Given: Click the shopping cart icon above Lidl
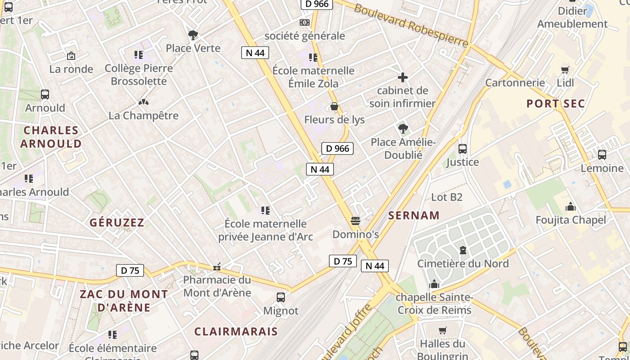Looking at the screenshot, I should [565, 70].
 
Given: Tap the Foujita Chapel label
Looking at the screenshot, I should [571, 220].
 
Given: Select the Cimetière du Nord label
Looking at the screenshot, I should [463, 264].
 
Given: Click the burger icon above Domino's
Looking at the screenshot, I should [355, 221].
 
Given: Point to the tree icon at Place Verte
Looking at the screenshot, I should [193, 35].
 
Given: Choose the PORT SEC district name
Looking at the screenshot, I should [556, 103].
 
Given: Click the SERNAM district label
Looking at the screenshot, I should [414, 215].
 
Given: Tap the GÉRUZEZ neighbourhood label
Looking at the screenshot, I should [117, 222].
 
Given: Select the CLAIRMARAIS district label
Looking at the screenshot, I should [236, 332].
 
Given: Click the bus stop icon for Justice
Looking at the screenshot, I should [462, 149].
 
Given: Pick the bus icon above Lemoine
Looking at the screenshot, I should [602, 155].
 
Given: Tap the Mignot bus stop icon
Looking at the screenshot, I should [281, 297].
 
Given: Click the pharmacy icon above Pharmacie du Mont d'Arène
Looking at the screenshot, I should [217, 267].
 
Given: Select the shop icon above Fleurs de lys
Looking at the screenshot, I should [334, 107].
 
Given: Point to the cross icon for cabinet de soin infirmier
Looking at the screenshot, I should [403, 77].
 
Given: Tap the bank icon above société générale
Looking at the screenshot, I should [305, 22].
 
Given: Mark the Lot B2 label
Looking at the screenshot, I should [446, 197].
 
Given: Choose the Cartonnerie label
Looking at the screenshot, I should [515, 83].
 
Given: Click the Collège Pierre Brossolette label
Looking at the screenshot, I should [139, 75].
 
